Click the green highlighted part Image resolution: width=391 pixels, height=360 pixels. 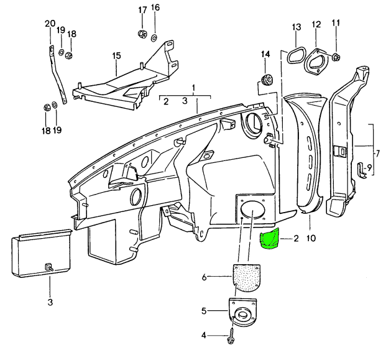pos(269,240)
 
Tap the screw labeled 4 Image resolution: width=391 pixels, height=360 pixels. pos(232,337)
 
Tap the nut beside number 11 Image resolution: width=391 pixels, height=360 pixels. pos(336,58)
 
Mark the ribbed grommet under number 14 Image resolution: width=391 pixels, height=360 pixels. pos(267,80)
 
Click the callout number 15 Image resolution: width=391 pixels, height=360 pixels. pos(116,57)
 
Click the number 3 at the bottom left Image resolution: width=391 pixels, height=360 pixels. pos(50,302)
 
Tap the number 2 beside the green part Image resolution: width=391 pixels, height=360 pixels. pos(297,238)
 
